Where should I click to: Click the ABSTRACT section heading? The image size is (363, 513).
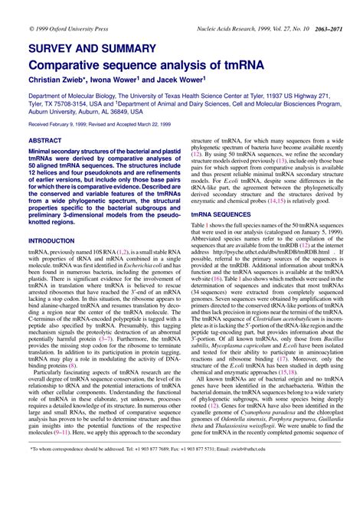click(x=46, y=142)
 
